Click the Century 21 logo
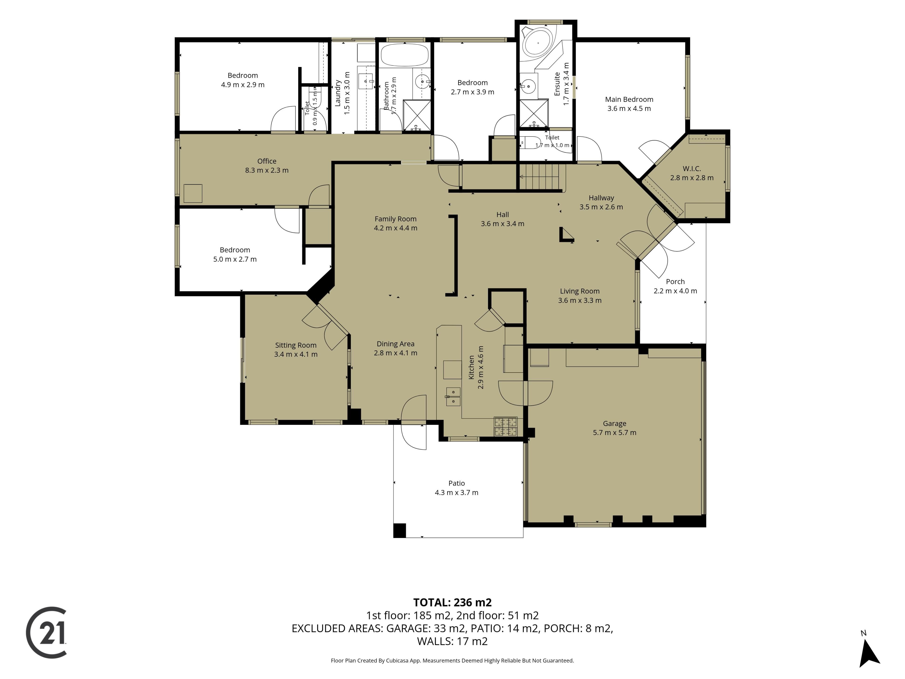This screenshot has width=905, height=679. click(x=46, y=632)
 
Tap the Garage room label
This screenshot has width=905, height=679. click(x=614, y=424)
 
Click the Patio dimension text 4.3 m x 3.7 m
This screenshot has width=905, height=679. click(x=456, y=492)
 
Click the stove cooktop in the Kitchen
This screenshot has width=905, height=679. click(x=506, y=426)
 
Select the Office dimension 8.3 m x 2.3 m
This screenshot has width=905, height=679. click(x=267, y=170)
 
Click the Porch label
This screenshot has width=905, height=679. click(x=675, y=282)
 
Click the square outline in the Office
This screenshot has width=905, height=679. click(x=193, y=194)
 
